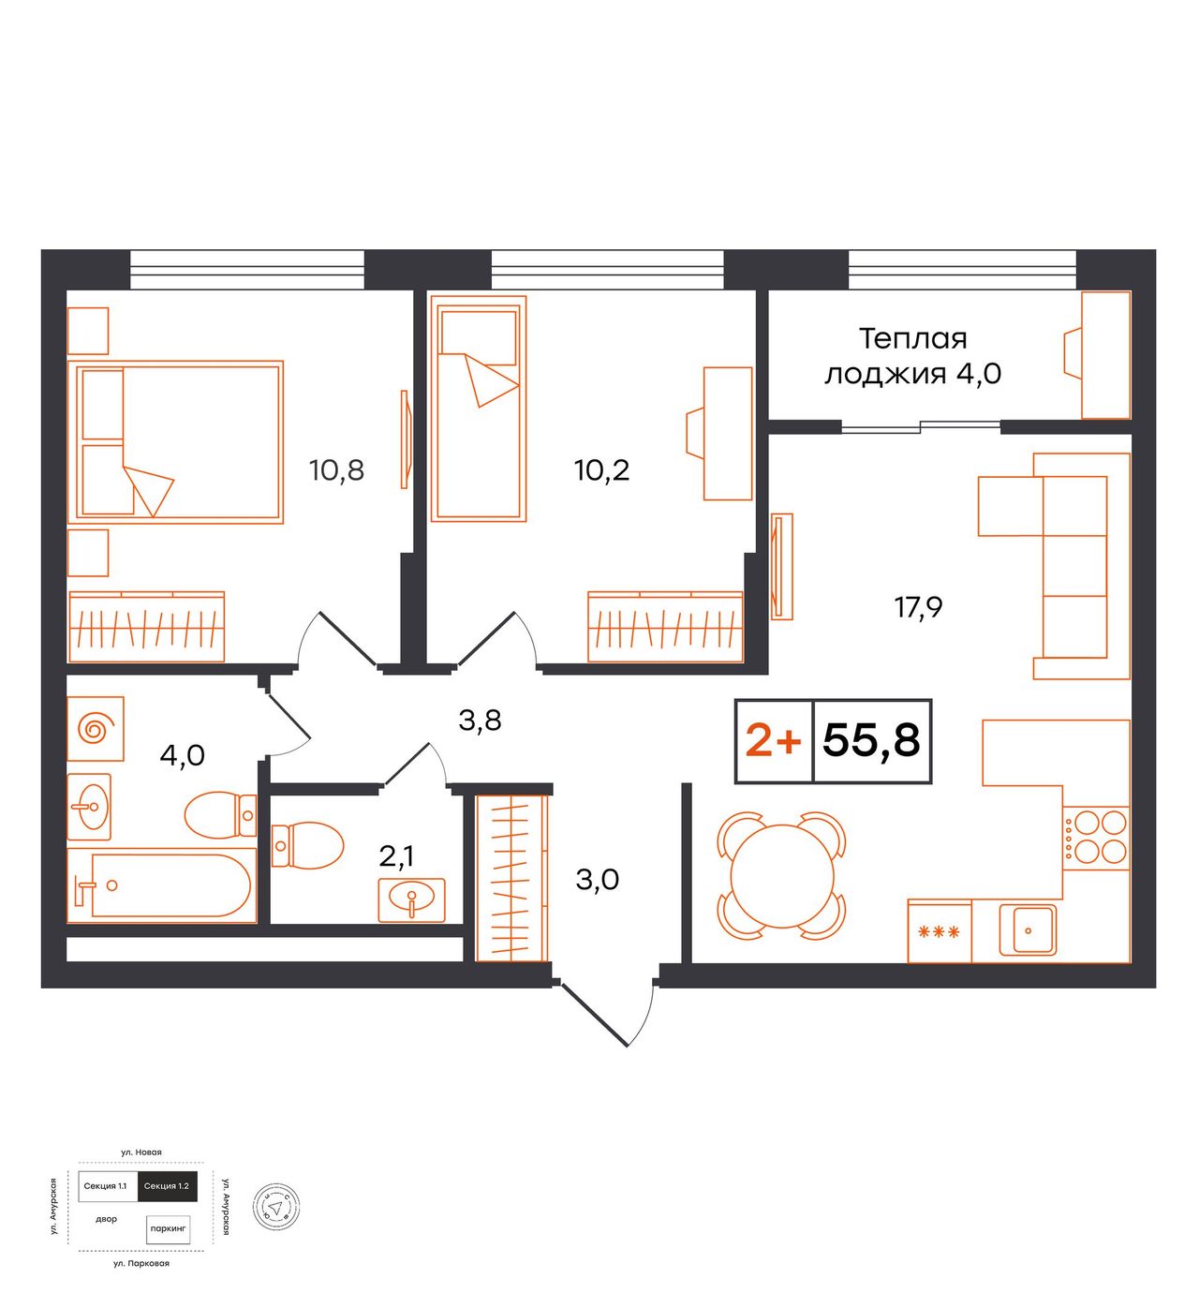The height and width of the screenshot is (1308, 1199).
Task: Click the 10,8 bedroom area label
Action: click(336, 470)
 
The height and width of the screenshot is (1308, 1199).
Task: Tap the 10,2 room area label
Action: click(601, 470)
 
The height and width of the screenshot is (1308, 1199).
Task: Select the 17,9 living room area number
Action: click(918, 607)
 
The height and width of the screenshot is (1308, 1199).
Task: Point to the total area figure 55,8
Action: click(871, 740)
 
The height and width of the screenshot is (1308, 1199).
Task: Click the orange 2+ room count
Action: click(773, 741)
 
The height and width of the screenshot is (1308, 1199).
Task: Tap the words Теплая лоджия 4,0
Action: click(912, 356)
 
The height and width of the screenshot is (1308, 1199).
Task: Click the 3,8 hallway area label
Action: click(480, 721)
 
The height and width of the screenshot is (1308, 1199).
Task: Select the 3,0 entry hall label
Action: click(598, 880)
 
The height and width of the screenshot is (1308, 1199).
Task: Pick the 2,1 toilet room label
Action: click(396, 856)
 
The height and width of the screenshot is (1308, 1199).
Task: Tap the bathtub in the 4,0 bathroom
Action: click(162, 884)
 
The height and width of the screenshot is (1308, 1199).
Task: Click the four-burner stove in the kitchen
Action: click(1096, 838)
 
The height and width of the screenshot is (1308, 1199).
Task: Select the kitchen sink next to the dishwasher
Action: click(1029, 929)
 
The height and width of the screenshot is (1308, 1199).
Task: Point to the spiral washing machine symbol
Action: click(96, 728)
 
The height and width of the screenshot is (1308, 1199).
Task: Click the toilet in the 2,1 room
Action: click(307, 845)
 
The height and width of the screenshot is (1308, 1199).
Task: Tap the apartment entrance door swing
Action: click(606, 1011)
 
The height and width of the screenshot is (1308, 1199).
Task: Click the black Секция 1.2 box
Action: click(167, 1186)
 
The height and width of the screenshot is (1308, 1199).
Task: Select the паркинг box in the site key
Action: click(169, 1228)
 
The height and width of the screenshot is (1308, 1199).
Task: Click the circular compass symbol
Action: click(275, 1208)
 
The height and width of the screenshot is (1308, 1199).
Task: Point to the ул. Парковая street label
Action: click(141, 1263)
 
